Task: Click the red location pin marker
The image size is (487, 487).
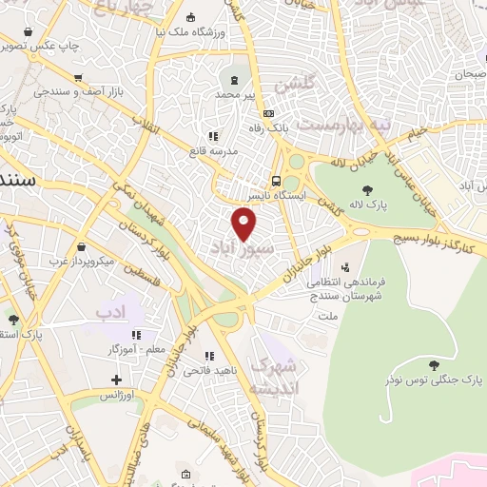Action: click(244, 224)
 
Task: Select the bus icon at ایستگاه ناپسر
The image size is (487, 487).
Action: click(275, 180)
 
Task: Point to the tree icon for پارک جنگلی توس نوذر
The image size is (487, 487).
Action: click(434, 364)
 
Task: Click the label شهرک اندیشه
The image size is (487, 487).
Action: click(272, 378)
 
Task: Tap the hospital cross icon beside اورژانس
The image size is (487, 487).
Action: click(116, 380)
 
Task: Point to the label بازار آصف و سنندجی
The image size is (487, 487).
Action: click(66, 91)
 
